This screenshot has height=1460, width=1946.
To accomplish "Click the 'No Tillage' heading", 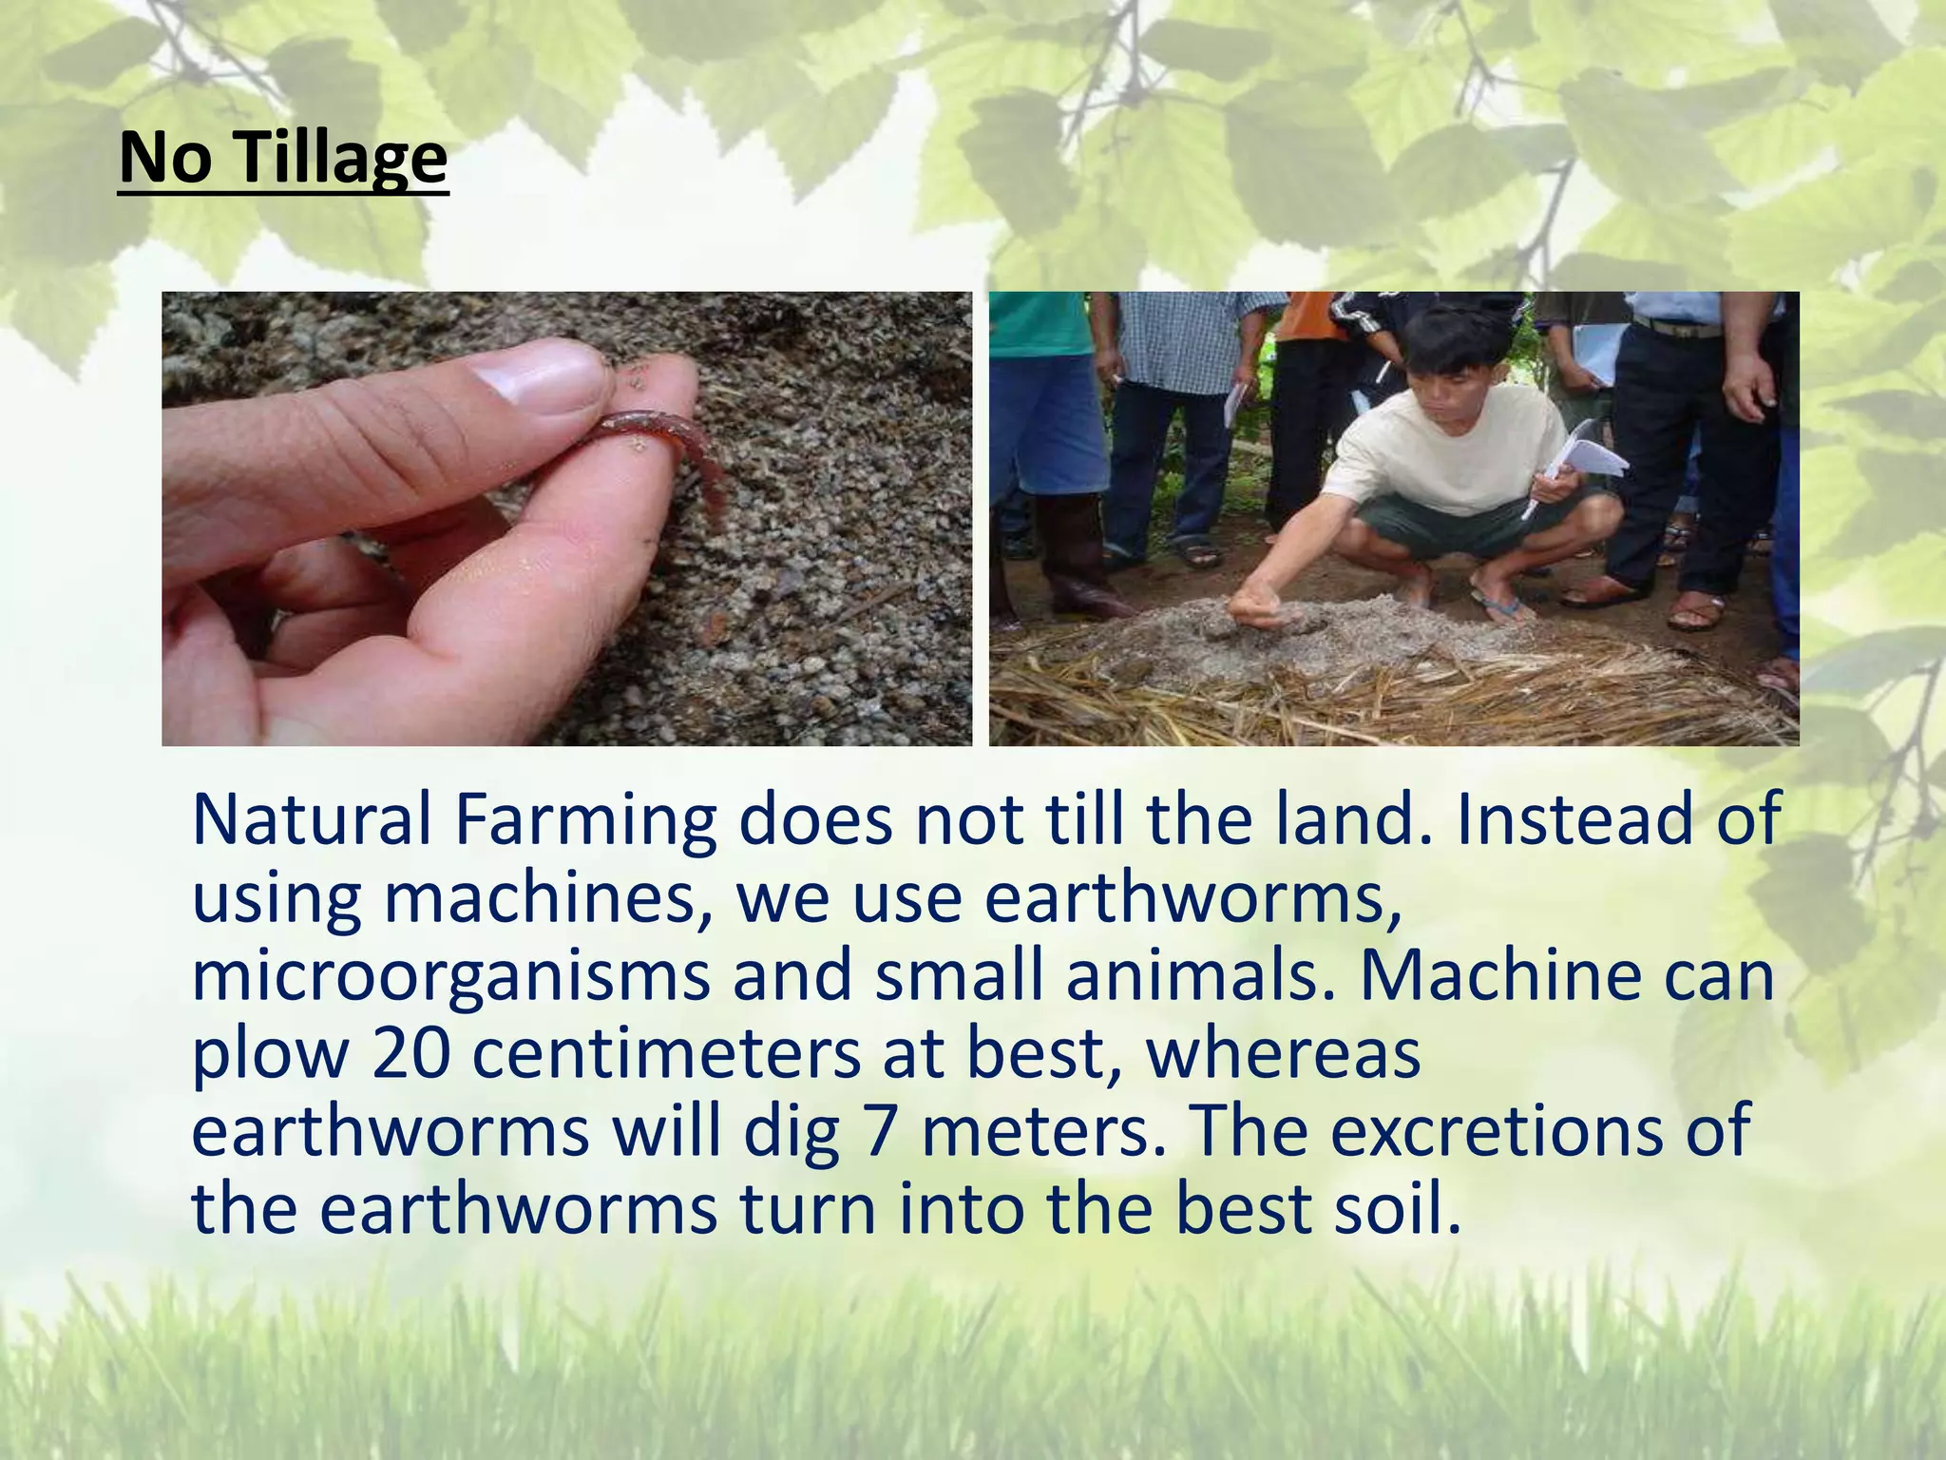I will click(283, 158).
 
